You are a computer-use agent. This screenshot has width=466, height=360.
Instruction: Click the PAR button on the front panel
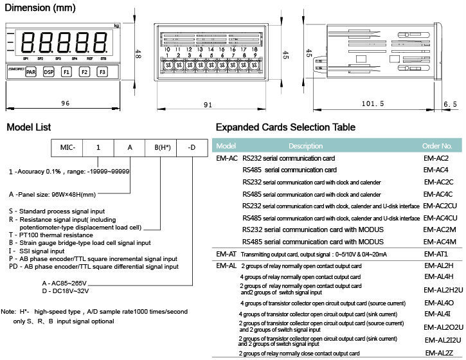[31, 73]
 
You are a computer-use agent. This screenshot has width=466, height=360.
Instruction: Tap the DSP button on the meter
[48, 73]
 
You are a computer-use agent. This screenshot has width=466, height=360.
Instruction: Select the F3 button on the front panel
[102, 73]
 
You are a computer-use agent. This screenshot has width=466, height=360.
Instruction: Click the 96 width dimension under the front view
[65, 103]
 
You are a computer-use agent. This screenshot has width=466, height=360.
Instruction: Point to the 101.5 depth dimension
[373, 103]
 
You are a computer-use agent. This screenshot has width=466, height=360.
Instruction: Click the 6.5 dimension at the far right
[450, 103]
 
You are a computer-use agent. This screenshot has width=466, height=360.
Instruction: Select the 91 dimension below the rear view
[208, 104]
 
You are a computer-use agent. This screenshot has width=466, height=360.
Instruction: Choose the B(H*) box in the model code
[161, 147]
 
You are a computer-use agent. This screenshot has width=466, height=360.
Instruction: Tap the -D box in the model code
[192, 147]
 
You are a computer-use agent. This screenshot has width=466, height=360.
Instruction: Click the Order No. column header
[442, 146]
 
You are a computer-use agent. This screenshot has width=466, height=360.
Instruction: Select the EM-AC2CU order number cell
[440, 206]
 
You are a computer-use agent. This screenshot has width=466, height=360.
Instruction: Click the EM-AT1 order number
[436, 254]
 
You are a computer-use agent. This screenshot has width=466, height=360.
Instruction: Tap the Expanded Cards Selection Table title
[285, 127]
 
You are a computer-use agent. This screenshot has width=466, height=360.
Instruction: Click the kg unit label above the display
[116, 26]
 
